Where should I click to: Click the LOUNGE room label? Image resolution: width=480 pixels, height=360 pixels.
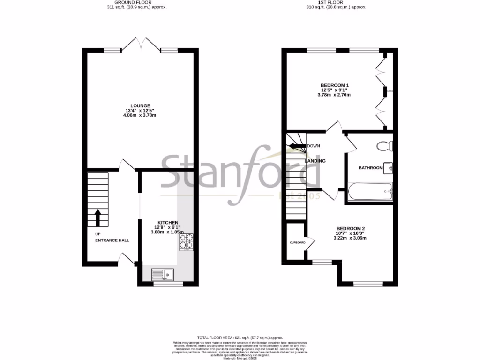141,106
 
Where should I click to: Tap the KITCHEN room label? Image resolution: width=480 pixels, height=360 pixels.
168,222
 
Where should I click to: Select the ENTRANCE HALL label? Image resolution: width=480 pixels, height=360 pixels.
112,240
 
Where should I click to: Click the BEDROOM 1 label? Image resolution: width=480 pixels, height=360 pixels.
335,85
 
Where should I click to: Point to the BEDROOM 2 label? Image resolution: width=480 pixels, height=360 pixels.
350,228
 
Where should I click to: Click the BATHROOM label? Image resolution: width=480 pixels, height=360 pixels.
370,167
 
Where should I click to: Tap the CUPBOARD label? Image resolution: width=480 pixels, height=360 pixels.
297,242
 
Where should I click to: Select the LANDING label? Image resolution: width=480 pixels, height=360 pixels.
315,161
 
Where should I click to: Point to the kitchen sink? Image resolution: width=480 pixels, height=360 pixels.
162,273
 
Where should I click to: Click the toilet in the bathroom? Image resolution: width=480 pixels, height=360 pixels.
386,146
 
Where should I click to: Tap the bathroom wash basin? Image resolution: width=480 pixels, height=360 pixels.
388,167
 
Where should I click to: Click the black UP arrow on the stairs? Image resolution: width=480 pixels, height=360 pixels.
98,217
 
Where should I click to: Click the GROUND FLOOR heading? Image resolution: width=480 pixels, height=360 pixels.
136,2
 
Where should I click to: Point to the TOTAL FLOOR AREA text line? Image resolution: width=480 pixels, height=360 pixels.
240,337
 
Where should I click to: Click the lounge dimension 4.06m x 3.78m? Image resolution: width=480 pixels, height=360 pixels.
141,115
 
